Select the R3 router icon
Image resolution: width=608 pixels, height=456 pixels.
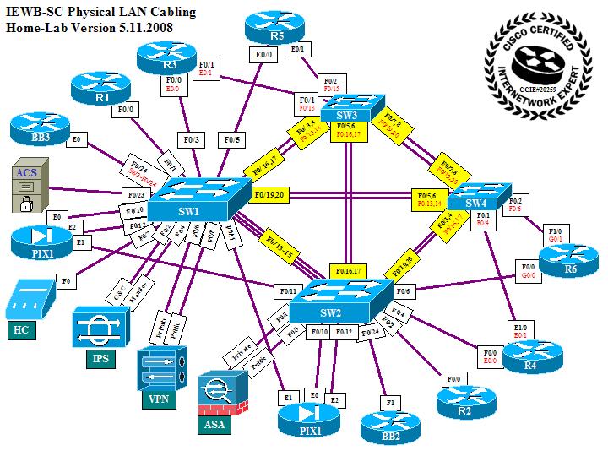click(166, 56)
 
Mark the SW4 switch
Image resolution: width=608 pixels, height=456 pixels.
click(479, 196)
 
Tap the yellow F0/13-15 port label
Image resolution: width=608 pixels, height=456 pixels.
click(280, 243)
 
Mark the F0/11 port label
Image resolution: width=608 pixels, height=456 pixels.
click(288, 292)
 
